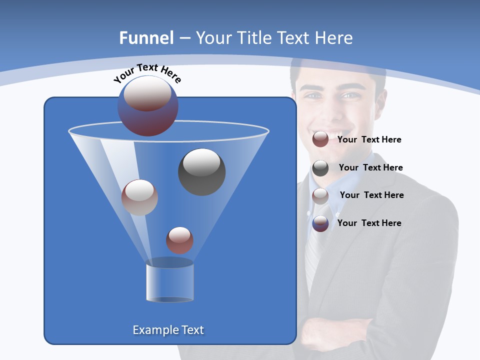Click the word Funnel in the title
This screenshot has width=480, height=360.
point(146,38)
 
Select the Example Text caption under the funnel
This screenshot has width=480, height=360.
point(168,330)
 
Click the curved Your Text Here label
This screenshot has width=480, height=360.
point(147,73)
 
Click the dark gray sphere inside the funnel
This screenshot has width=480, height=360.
point(202,172)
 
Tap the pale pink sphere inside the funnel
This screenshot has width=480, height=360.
point(139,197)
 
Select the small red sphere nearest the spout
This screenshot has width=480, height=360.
point(179,240)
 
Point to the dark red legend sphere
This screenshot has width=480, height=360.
point(320,139)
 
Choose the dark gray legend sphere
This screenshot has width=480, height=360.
point(320,168)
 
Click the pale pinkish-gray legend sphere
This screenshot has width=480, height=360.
point(320,196)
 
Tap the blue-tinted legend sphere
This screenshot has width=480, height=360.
point(320,223)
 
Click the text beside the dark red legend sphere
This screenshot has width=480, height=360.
point(369,140)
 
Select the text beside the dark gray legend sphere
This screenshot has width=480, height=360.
point(370,168)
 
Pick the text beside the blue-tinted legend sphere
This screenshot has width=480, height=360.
point(369,223)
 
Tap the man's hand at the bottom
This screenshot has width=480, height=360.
point(325,332)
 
